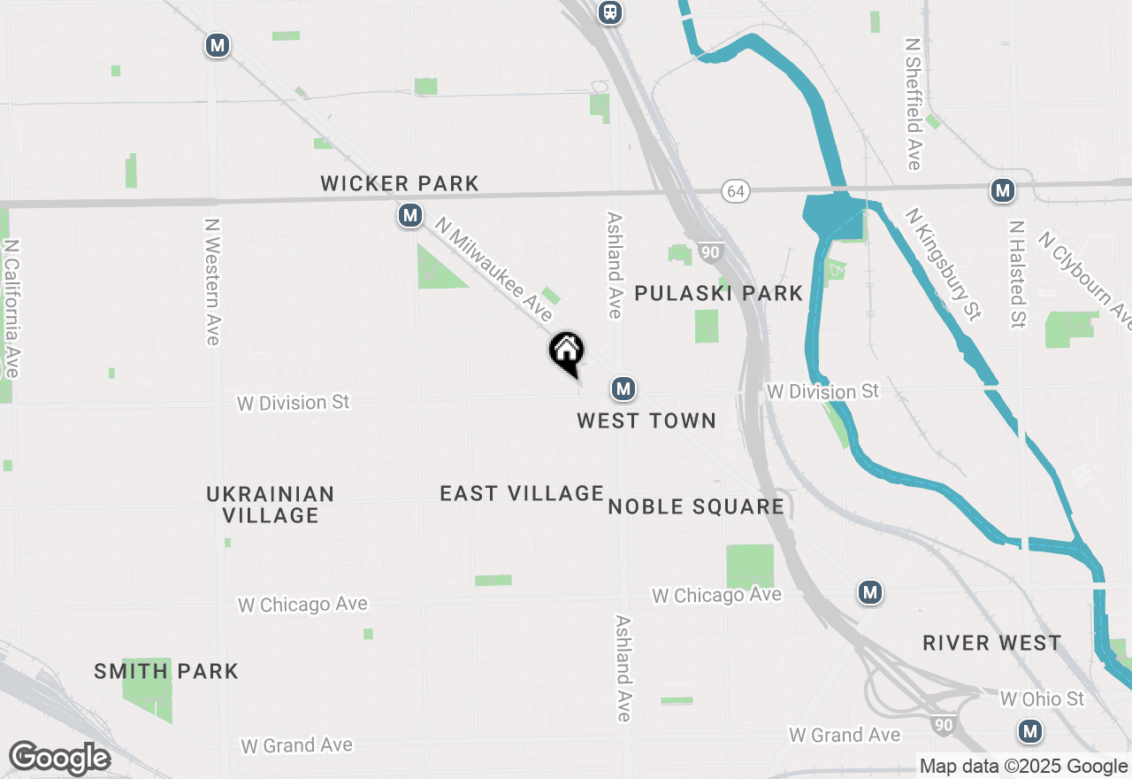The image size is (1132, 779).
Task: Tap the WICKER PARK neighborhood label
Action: [400, 183]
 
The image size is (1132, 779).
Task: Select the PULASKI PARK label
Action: [719, 293]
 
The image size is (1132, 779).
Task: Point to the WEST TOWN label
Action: [646, 420]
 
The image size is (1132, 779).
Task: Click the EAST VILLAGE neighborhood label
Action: [522, 493]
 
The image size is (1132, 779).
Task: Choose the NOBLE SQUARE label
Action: [696, 506]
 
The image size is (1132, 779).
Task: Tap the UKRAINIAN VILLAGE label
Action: [271, 505]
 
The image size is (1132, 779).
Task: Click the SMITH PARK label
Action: [166, 671]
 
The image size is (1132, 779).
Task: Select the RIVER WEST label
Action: [991, 643]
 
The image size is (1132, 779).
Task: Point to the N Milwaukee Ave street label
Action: [494, 272]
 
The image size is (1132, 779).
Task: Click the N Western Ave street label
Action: [212, 282]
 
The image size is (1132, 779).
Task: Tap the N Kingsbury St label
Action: [944, 263]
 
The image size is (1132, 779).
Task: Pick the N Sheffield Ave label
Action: [914, 104]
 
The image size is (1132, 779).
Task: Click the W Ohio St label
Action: [1042, 699]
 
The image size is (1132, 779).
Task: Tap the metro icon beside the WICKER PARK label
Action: [409, 215]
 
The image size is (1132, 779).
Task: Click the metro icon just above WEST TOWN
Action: [623, 388]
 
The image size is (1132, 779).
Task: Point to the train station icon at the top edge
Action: [609, 12]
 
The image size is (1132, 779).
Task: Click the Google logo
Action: [59, 758]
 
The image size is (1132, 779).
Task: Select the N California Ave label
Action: [11, 308]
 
